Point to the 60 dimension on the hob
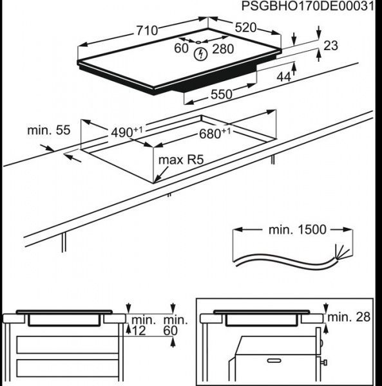[182, 48]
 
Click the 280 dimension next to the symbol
[222, 49]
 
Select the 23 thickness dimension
[330, 46]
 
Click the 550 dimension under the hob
[220, 94]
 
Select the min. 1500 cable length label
[297, 229]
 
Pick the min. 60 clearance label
[175, 325]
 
